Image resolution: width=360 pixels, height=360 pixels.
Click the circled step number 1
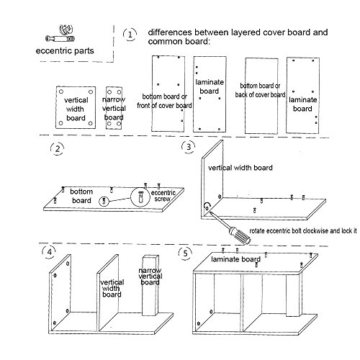click(130, 35)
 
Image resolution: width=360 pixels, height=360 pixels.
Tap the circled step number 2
click(58, 149)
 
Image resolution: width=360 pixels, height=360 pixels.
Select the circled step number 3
click(189, 147)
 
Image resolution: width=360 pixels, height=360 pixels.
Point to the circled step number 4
click(50, 252)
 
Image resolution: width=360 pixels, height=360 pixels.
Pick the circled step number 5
click(185, 253)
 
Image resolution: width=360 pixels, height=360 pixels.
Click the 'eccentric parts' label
click(65, 51)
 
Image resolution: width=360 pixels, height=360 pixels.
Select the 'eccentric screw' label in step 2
click(163, 196)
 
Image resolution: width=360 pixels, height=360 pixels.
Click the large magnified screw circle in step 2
click(140, 197)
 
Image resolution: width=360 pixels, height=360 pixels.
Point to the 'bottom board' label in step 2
click(81, 196)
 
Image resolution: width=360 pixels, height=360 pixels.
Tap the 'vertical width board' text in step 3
click(240, 168)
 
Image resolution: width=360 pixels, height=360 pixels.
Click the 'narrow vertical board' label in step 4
click(150, 276)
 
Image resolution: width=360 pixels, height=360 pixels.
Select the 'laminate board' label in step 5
click(235, 259)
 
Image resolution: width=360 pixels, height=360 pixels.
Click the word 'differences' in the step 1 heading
click(170, 32)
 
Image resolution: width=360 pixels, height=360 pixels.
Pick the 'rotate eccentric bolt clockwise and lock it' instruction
click(303, 231)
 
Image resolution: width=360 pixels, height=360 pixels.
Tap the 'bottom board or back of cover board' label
click(260, 90)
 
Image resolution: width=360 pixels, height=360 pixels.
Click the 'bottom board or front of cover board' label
click(164, 101)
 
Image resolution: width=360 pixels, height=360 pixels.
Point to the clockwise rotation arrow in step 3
click(207, 205)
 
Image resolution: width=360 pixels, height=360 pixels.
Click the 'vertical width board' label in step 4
click(112, 288)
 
